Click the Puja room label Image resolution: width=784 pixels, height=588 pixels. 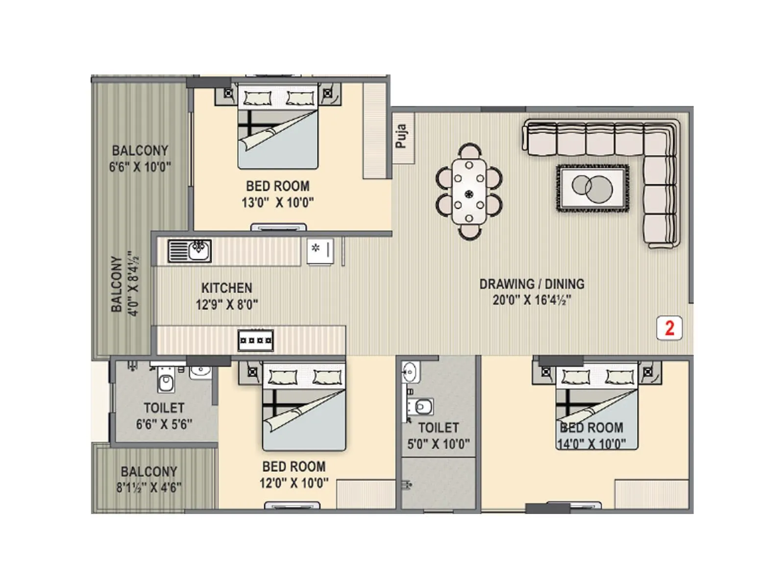point(401,137)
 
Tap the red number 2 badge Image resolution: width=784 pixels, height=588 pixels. point(669,328)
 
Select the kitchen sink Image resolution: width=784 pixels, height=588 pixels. point(190,250)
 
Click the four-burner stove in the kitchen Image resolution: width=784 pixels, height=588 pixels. point(255,340)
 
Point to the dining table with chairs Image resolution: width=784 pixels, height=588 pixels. point(469,192)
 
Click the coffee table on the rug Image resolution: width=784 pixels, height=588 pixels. point(592,188)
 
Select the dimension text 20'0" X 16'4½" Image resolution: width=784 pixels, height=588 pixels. point(532,300)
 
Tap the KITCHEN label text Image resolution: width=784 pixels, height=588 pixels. point(226,288)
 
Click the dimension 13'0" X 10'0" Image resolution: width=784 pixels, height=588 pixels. point(277,202)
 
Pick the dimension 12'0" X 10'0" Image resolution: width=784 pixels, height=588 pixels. point(294,483)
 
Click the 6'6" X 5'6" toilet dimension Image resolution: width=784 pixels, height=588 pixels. point(164,424)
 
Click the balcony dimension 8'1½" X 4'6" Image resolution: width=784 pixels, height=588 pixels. point(148,488)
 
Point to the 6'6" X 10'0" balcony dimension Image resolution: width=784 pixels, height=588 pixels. point(140,167)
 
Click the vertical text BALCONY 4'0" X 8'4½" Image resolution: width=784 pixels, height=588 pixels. point(124,284)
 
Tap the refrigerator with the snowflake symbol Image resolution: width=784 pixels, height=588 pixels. point(320,251)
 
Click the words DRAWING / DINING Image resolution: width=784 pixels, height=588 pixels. point(532,284)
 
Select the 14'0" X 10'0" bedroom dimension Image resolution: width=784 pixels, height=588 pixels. point(591,444)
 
